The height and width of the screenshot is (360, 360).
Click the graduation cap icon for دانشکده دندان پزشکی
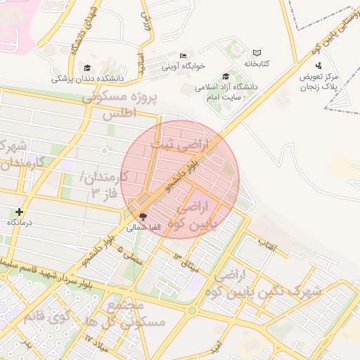tap(87, 68)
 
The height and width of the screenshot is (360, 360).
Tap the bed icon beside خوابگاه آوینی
tap(184, 56)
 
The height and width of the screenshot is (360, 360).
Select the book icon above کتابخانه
tap(257, 53)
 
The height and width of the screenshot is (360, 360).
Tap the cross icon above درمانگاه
tap(19, 212)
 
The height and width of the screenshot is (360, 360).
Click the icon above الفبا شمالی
tap(143, 217)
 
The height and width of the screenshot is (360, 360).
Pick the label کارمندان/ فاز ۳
tap(102, 184)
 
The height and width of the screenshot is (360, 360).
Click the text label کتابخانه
tap(257, 63)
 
